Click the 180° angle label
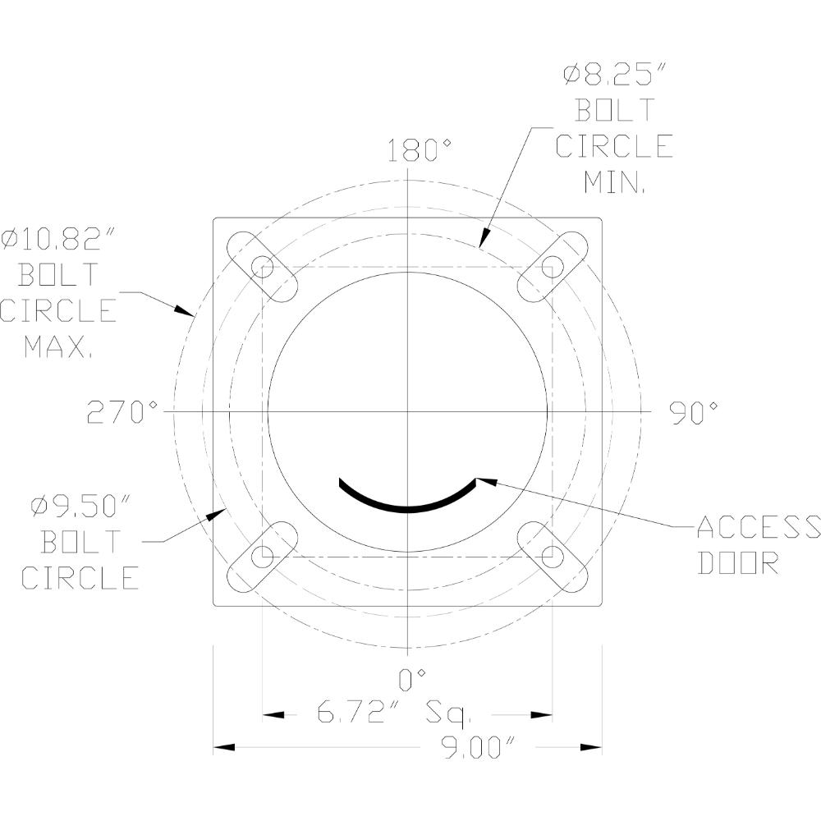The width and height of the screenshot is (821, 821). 420,151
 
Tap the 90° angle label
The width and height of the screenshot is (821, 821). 694,413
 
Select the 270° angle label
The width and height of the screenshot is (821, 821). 122,413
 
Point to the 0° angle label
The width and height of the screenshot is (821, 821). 412,678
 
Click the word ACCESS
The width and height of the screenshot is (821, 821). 757,527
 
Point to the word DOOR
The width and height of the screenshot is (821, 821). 737,563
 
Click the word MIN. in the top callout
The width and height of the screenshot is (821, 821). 615,181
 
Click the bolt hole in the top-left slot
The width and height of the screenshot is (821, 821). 263,267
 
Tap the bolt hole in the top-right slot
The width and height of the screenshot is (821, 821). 553,267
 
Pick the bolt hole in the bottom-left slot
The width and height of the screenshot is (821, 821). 263,557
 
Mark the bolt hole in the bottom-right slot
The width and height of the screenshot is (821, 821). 553,557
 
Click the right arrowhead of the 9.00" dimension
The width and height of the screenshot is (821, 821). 592,747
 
